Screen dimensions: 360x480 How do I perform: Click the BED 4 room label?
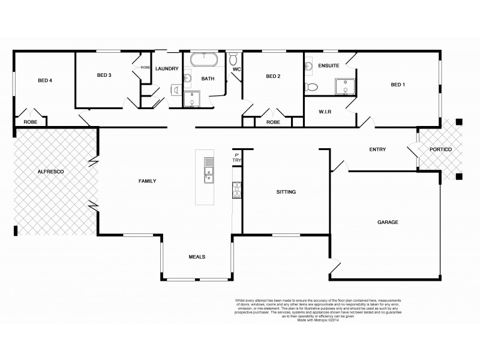44,80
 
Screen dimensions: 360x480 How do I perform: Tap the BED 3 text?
104,75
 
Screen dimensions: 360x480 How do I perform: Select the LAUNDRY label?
166,68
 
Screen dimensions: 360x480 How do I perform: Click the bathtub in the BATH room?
205,60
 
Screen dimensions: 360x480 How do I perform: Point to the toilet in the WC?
233,59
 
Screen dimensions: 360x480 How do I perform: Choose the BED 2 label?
273,76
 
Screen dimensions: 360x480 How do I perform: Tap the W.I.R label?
326,112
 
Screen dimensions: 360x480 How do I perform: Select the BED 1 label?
398,85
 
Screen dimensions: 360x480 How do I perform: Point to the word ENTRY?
377,149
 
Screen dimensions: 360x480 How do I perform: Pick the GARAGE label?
388,222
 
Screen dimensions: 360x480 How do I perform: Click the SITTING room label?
286,192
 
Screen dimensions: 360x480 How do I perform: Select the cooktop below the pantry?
236,189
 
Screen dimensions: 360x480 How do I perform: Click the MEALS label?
197,256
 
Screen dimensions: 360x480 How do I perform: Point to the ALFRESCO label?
50,172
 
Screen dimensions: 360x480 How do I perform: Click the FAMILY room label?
147,181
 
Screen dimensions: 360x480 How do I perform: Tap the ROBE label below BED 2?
273,122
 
